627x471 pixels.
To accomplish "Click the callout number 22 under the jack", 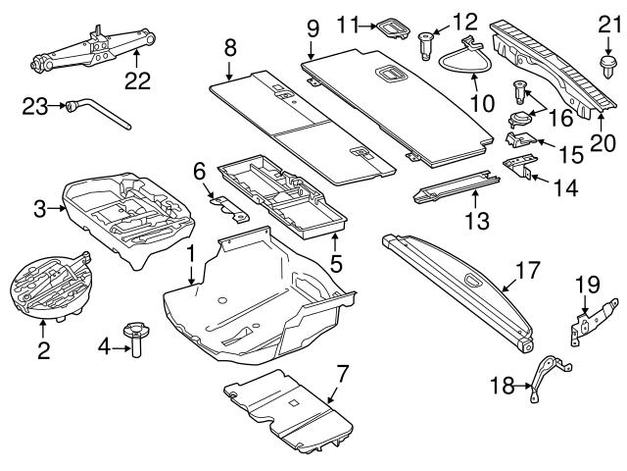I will [137, 81].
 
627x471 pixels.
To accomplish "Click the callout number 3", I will [40, 208].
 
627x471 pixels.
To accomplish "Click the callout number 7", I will [342, 372].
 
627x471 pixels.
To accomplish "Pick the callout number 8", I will [229, 45].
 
